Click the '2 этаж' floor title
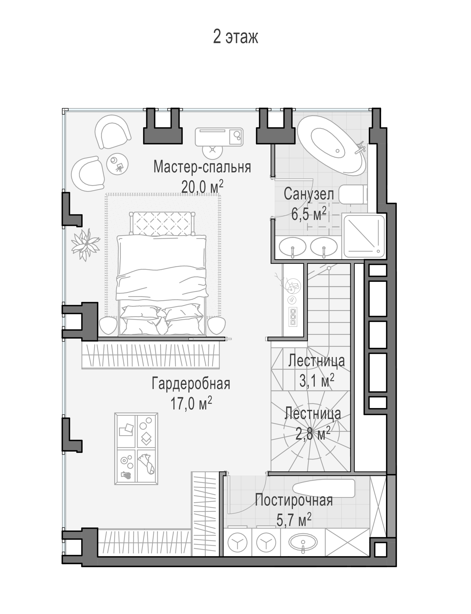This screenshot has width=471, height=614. click(235, 36)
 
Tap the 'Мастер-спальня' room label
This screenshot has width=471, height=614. click(202, 167)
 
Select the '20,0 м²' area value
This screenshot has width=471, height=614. click(202, 186)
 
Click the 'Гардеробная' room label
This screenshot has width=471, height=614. click(191, 384)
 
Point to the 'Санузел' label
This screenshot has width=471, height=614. click(309, 194)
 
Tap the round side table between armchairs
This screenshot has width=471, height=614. click(117, 164)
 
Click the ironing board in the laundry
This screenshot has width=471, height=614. click(324, 488)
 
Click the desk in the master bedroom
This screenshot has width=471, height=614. click(219, 137)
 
